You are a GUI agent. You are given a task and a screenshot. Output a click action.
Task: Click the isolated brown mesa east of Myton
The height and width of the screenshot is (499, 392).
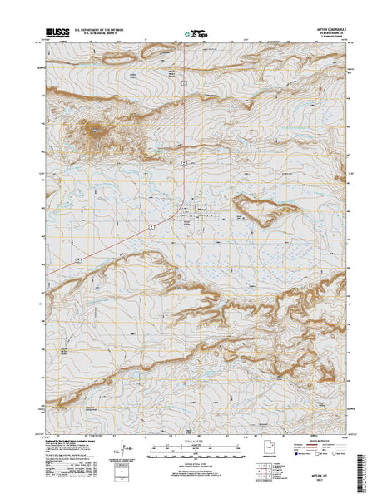coord(263,209)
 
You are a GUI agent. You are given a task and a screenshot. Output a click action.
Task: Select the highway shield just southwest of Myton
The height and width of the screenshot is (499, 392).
coord(154,226)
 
